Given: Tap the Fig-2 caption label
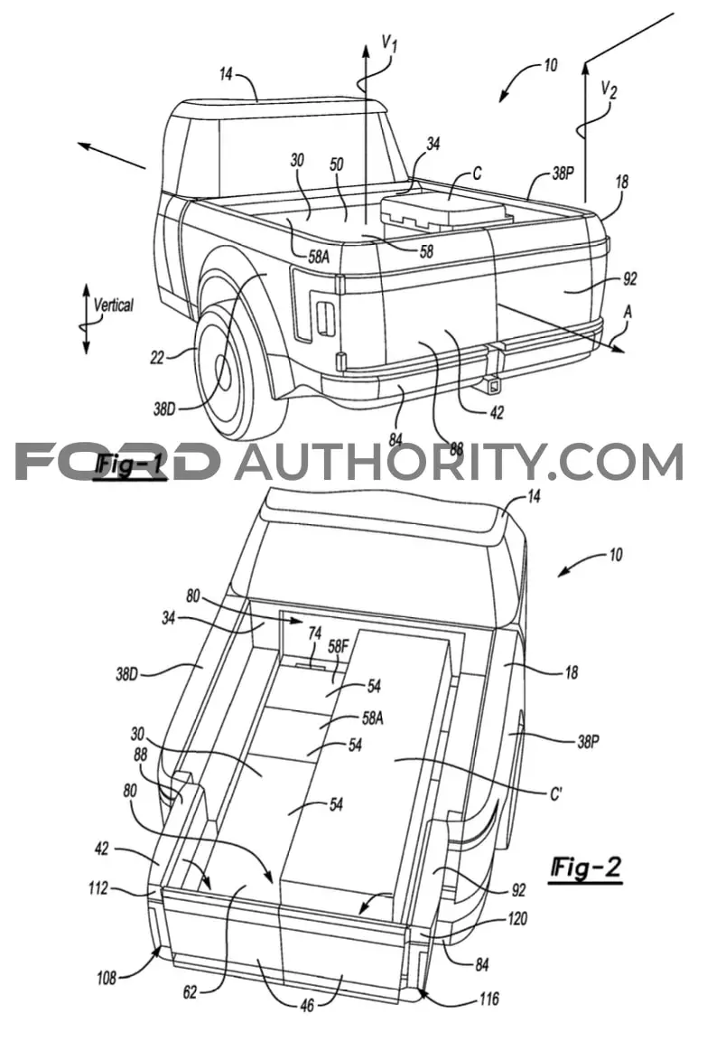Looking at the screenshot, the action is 586,868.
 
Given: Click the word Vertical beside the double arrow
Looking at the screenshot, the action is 113,305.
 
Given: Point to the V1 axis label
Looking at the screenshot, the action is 389,44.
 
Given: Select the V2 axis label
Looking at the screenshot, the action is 608,89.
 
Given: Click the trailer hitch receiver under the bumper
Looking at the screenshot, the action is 492,383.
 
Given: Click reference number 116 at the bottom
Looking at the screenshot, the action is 488,998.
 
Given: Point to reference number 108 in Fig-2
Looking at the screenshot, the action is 106,977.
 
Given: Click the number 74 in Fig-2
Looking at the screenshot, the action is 314,634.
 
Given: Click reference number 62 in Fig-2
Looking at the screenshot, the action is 190,992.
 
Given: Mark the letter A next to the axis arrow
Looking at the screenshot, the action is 627,311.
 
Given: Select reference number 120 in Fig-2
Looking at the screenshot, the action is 516,919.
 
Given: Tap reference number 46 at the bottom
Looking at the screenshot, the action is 307,1006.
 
